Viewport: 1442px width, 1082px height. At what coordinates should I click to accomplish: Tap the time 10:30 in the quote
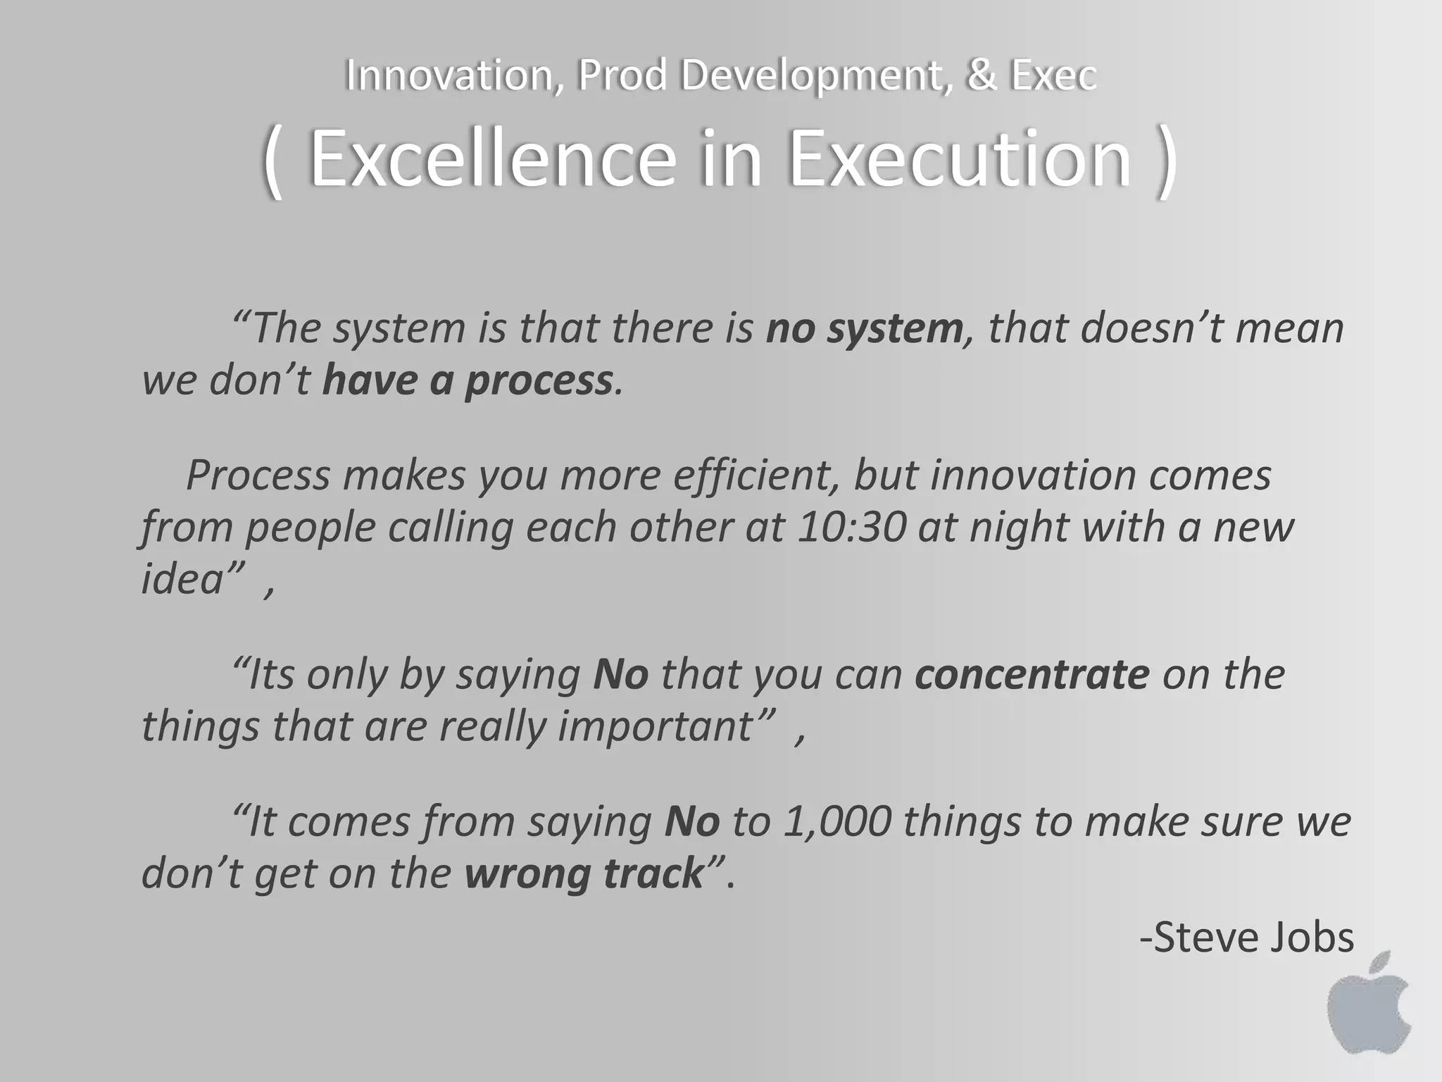[x=851, y=527]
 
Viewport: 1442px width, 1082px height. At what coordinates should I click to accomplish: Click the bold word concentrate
[x=1032, y=674]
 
